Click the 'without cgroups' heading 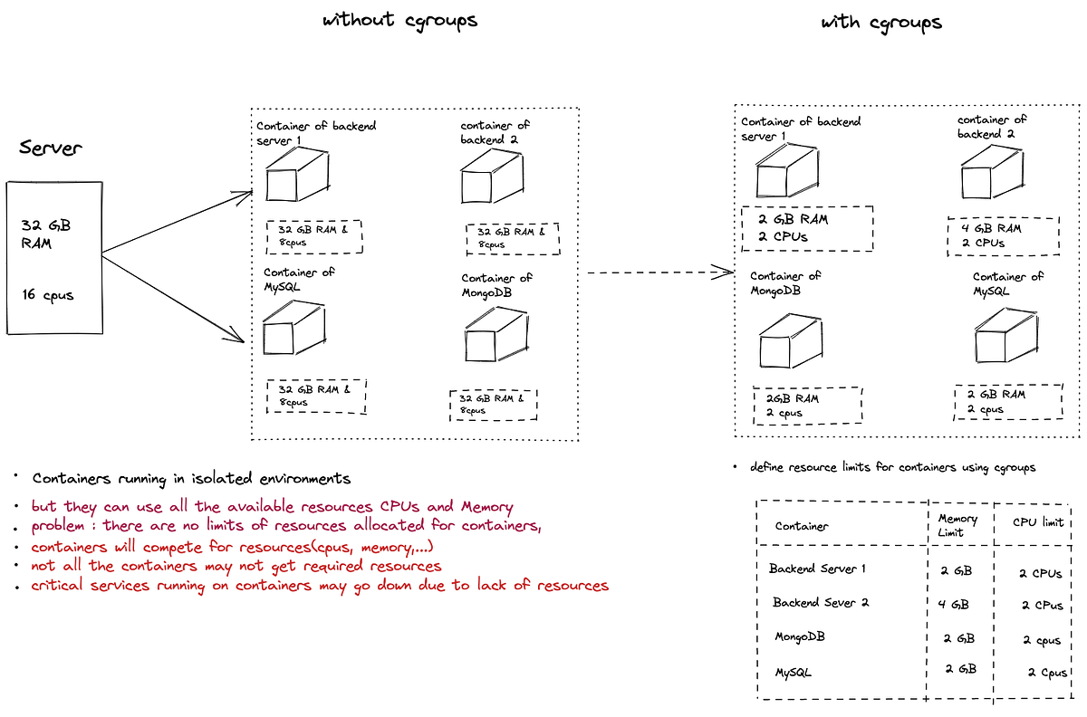(x=399, y=19)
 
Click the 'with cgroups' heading (x=880, y=23)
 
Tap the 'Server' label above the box (x=51, y=148)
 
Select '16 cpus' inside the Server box (x=48, y=294)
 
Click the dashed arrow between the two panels (x=659, y=272)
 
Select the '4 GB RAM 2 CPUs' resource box (x=1003, y=235)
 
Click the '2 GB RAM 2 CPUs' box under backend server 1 (x=806, y=228)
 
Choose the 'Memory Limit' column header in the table (x=957, y=525)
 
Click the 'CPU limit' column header (x=1037, y=521)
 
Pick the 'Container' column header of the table (x=802, y=526)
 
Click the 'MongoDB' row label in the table (x=800, y=636)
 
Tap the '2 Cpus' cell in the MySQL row (x=1047, y=673)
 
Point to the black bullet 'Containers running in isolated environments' (x=191, y=478)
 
